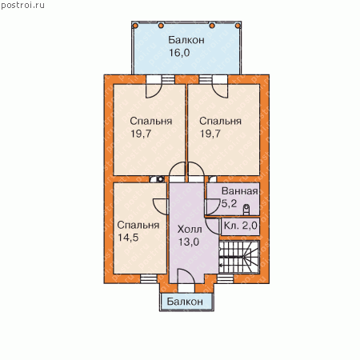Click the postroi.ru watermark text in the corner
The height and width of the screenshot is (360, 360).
22,5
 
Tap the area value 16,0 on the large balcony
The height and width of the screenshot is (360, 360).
179,53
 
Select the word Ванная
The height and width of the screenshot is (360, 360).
240,191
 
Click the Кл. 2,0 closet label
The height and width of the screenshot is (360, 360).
240,226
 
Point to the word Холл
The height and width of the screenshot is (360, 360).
190,230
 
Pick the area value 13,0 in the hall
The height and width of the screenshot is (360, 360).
189,242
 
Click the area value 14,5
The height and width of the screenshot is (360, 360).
128,238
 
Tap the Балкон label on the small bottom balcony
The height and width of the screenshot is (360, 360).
185,302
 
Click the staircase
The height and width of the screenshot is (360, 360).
239,257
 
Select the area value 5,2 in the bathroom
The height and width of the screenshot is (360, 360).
229,204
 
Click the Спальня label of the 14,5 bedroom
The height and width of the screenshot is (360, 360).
138,225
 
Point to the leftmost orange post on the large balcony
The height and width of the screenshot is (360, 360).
135,26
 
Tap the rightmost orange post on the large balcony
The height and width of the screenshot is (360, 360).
238,26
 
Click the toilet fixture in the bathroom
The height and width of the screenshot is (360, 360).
246,210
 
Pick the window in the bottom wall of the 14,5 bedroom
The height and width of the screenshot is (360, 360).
149,278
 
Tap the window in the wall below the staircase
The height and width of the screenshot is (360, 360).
225,278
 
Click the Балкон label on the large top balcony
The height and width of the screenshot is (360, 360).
186,40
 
